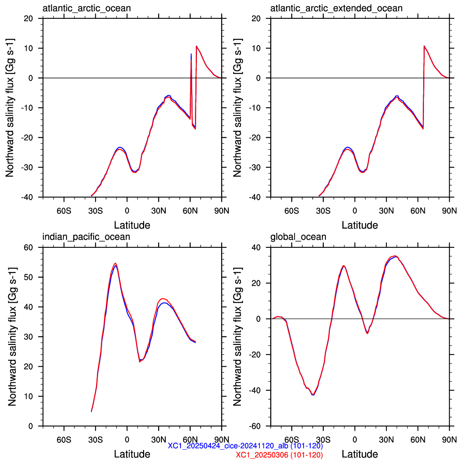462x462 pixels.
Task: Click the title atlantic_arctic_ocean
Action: pos(86,8)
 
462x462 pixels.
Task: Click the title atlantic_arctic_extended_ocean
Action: pos(336,8)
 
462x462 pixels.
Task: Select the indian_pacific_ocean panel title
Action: pos(86,237)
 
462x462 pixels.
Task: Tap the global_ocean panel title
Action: pos(298,237)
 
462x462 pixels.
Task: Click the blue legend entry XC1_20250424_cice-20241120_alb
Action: pos(245,446)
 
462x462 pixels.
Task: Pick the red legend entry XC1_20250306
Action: pos(279,455)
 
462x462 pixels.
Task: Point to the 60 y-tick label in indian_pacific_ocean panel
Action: pos(28,247)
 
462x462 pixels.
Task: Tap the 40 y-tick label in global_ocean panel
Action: pos(256,247)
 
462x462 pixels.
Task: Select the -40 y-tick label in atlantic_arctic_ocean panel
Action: pos(27,197)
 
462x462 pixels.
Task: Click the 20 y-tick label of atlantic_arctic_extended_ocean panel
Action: pos(256,18)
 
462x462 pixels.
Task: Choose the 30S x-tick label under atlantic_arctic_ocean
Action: pos(95,211)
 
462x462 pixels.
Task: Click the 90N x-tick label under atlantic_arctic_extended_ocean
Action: pos(449,211)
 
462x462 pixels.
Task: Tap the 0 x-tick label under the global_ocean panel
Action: pos(355,440)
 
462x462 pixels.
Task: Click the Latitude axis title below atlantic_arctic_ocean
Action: pos(132,225)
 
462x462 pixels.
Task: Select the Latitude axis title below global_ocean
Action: pos(360,454)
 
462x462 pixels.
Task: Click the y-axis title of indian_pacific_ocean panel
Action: pos(12,336)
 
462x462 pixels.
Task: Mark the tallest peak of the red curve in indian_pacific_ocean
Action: pos(115,263)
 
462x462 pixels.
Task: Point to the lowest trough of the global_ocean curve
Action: pos(313,395)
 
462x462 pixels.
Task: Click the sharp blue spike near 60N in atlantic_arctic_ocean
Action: pos(191,54)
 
